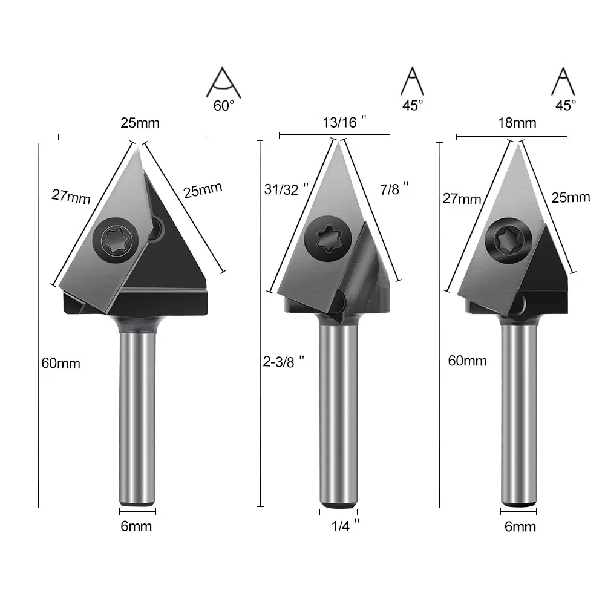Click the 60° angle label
(224, 106)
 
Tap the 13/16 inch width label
(344, 122)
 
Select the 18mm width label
(517, 123)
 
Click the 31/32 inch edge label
(286, 189)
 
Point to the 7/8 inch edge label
(394, 189)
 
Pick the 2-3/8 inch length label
(284, 362)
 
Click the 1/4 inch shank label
(345, 526)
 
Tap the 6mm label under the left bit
(136, 526)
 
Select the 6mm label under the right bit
(520, 527)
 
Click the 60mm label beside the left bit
(60, 364)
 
